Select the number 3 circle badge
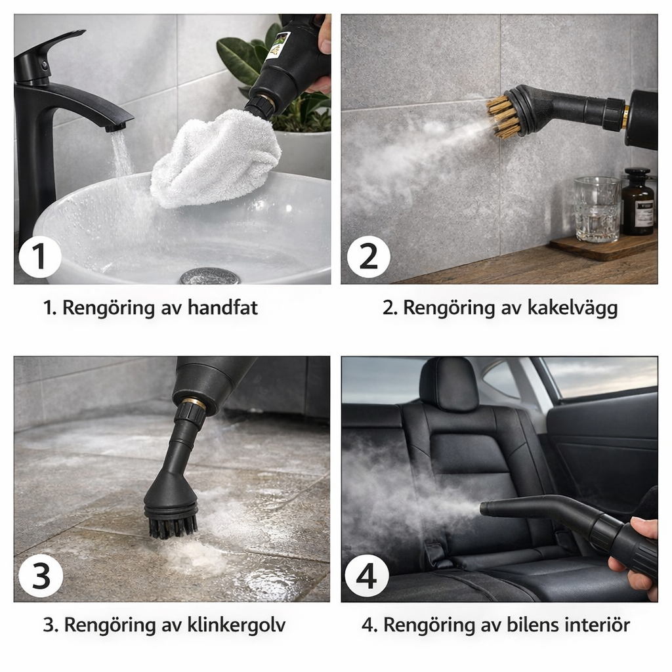41,576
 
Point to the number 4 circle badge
367,576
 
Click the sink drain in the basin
209,276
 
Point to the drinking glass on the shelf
597,209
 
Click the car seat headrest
449,383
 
